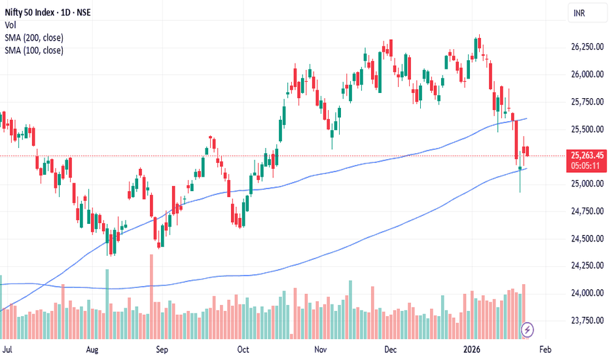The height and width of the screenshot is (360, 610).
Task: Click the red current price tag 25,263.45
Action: (587, 155)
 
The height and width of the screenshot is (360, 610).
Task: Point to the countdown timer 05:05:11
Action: (584, 166)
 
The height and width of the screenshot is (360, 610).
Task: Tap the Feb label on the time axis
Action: (545, 350)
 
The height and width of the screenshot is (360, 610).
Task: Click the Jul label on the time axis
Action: (7, 350)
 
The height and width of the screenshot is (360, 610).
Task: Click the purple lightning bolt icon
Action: (527, 330)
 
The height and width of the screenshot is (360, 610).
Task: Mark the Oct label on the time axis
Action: (243, 350)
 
